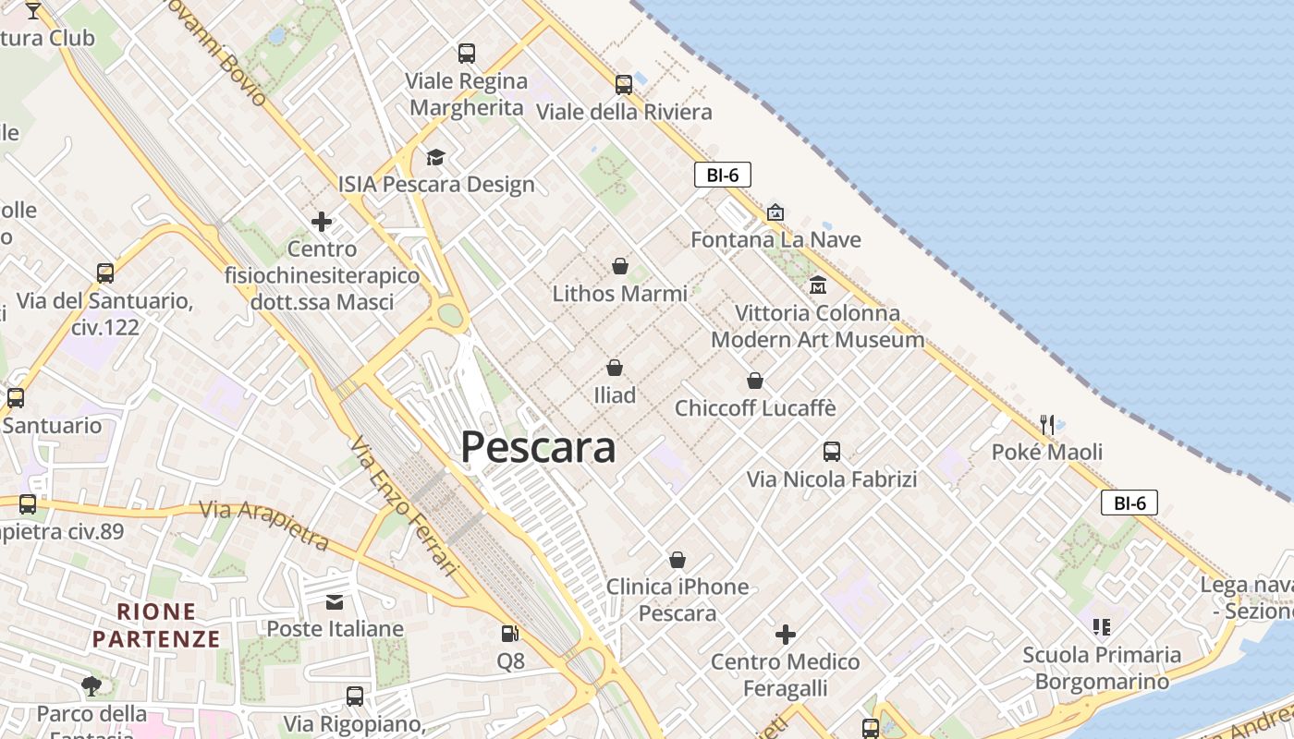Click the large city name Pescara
point(538,448)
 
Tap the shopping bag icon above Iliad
point(615,368)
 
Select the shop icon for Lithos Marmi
point(620,266)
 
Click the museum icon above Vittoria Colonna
point(817,285)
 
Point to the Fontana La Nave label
point(775,240)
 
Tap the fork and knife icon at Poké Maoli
point(1047,424)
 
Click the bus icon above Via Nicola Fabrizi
point(832,452)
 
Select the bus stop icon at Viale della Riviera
point(624,85)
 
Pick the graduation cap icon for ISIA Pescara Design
point(435,157)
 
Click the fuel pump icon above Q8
point(509,634)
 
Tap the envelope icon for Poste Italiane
point(335,602)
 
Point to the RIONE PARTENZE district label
point(156,625)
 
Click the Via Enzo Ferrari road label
point(404,505)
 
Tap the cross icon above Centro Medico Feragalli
point(786,635)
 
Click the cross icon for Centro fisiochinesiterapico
point(322,222)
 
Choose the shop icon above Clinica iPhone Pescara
point(678,560)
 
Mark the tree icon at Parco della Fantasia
point(91,685)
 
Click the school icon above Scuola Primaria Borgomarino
point(1101,627)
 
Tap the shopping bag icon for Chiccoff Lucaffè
point(755,381)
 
